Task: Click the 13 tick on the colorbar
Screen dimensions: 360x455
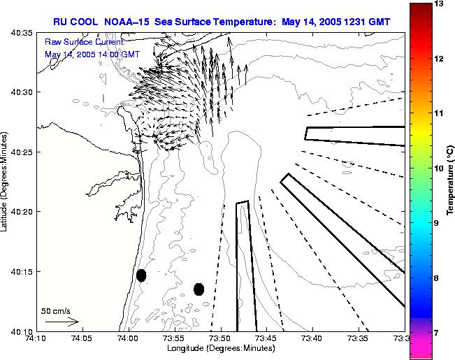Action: (x=439, y=4)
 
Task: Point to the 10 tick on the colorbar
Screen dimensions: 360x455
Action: (x=439, y=168)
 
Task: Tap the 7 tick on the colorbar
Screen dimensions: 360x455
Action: (x=438, y=333)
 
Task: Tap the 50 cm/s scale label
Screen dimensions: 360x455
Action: (x=55, y=310)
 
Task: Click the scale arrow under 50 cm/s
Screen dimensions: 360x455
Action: (x=62, y=322)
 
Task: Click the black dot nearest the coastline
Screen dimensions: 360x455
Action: (x=141, y=275)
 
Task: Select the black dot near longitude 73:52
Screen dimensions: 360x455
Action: (x=199, y=289)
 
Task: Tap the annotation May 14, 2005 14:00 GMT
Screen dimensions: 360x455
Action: (x=92, y=54)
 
